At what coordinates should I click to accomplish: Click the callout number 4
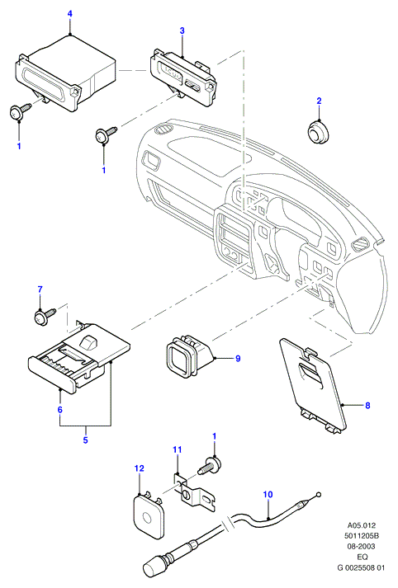pos(70,13)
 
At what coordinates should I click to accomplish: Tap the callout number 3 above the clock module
pos(182,31)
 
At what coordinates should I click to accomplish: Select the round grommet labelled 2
pos(318,131)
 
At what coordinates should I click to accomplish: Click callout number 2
pos(320,101)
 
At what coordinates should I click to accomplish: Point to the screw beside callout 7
pos(45,315)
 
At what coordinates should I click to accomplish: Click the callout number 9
pos(238,359)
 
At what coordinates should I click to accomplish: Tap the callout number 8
pos(367,405)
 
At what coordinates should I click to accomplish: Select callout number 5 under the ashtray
pos(85,440)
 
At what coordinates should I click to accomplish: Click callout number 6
pos(59,410)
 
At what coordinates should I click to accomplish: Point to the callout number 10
pos(268,495)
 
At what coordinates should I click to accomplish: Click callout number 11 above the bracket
pos(178,449)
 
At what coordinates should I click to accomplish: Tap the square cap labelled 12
pos(148,514)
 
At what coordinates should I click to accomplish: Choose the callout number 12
pos(140,468)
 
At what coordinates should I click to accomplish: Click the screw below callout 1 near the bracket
pos(209,465)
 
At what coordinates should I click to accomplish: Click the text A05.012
pos(361,525)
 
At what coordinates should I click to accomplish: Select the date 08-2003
pos(361,547)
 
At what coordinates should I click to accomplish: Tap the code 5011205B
pos(361,536)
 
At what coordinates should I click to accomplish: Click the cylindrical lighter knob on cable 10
pos(154,568)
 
